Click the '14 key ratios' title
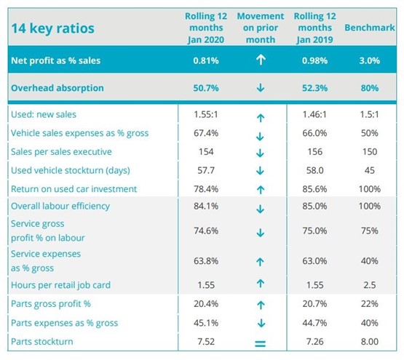(53, 28)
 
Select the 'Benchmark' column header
(370, 28)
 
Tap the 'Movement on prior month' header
(261, 28)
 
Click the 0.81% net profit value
(206, 60)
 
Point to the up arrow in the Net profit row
(261, 60)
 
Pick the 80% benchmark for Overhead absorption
(370, 88)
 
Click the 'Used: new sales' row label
(44, 114)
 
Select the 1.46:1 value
(314, 114)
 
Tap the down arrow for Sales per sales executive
(260, 153)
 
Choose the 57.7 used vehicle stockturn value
(206, 170)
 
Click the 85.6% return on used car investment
(314, 189)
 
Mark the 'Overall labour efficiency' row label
(60, 206)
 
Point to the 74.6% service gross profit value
(206, 231)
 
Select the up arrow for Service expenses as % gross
(260, 262)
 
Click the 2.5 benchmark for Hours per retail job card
(370, 285)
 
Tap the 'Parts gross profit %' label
(51, 304)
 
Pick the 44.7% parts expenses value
(314, 323)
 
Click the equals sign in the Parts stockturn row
(260, 343)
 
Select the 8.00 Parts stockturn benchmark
(370, 342)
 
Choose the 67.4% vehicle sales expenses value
(206, 133)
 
